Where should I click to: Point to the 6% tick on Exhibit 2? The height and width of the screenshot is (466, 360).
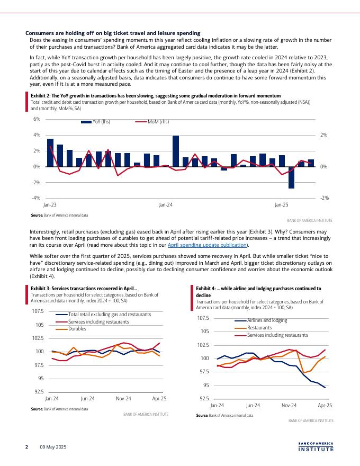tap(37, 119)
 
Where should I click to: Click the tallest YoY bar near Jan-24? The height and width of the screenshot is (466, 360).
tap(176, 151)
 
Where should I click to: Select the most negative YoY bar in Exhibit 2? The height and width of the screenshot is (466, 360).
tap(291, 177)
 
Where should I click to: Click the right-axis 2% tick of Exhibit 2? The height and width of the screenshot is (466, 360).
tap(323, 135)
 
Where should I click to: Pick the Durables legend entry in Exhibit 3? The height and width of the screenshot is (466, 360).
tap(77, 329)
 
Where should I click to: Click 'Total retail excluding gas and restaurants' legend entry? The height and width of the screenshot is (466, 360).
tap(109, 315)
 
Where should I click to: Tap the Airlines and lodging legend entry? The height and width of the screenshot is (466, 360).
tap(267, 320)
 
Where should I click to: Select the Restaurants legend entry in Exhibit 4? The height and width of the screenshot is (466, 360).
tap(259, 328)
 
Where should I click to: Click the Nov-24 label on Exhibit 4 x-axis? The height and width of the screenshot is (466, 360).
tap(289, 405)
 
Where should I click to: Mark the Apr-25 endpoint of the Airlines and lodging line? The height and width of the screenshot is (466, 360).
tap(325, 388)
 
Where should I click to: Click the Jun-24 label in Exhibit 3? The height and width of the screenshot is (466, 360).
tap(87, 398)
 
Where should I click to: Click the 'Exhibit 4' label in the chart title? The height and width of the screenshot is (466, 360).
tap(205, 289)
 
